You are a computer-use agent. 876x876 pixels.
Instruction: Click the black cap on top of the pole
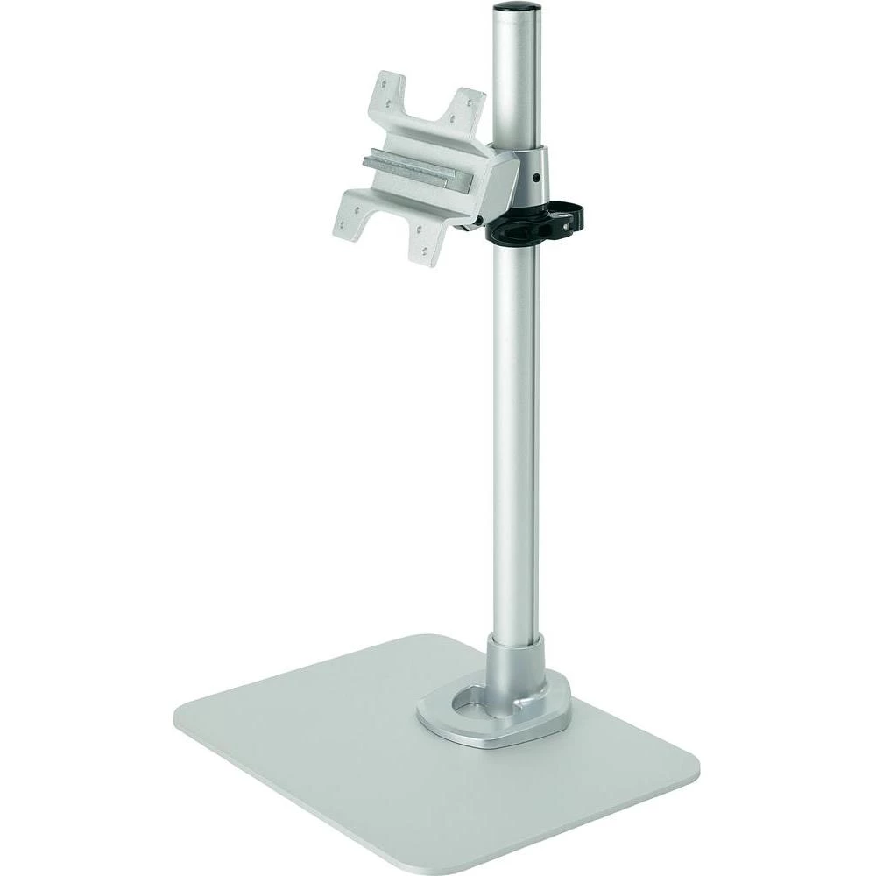coord(516,10)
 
